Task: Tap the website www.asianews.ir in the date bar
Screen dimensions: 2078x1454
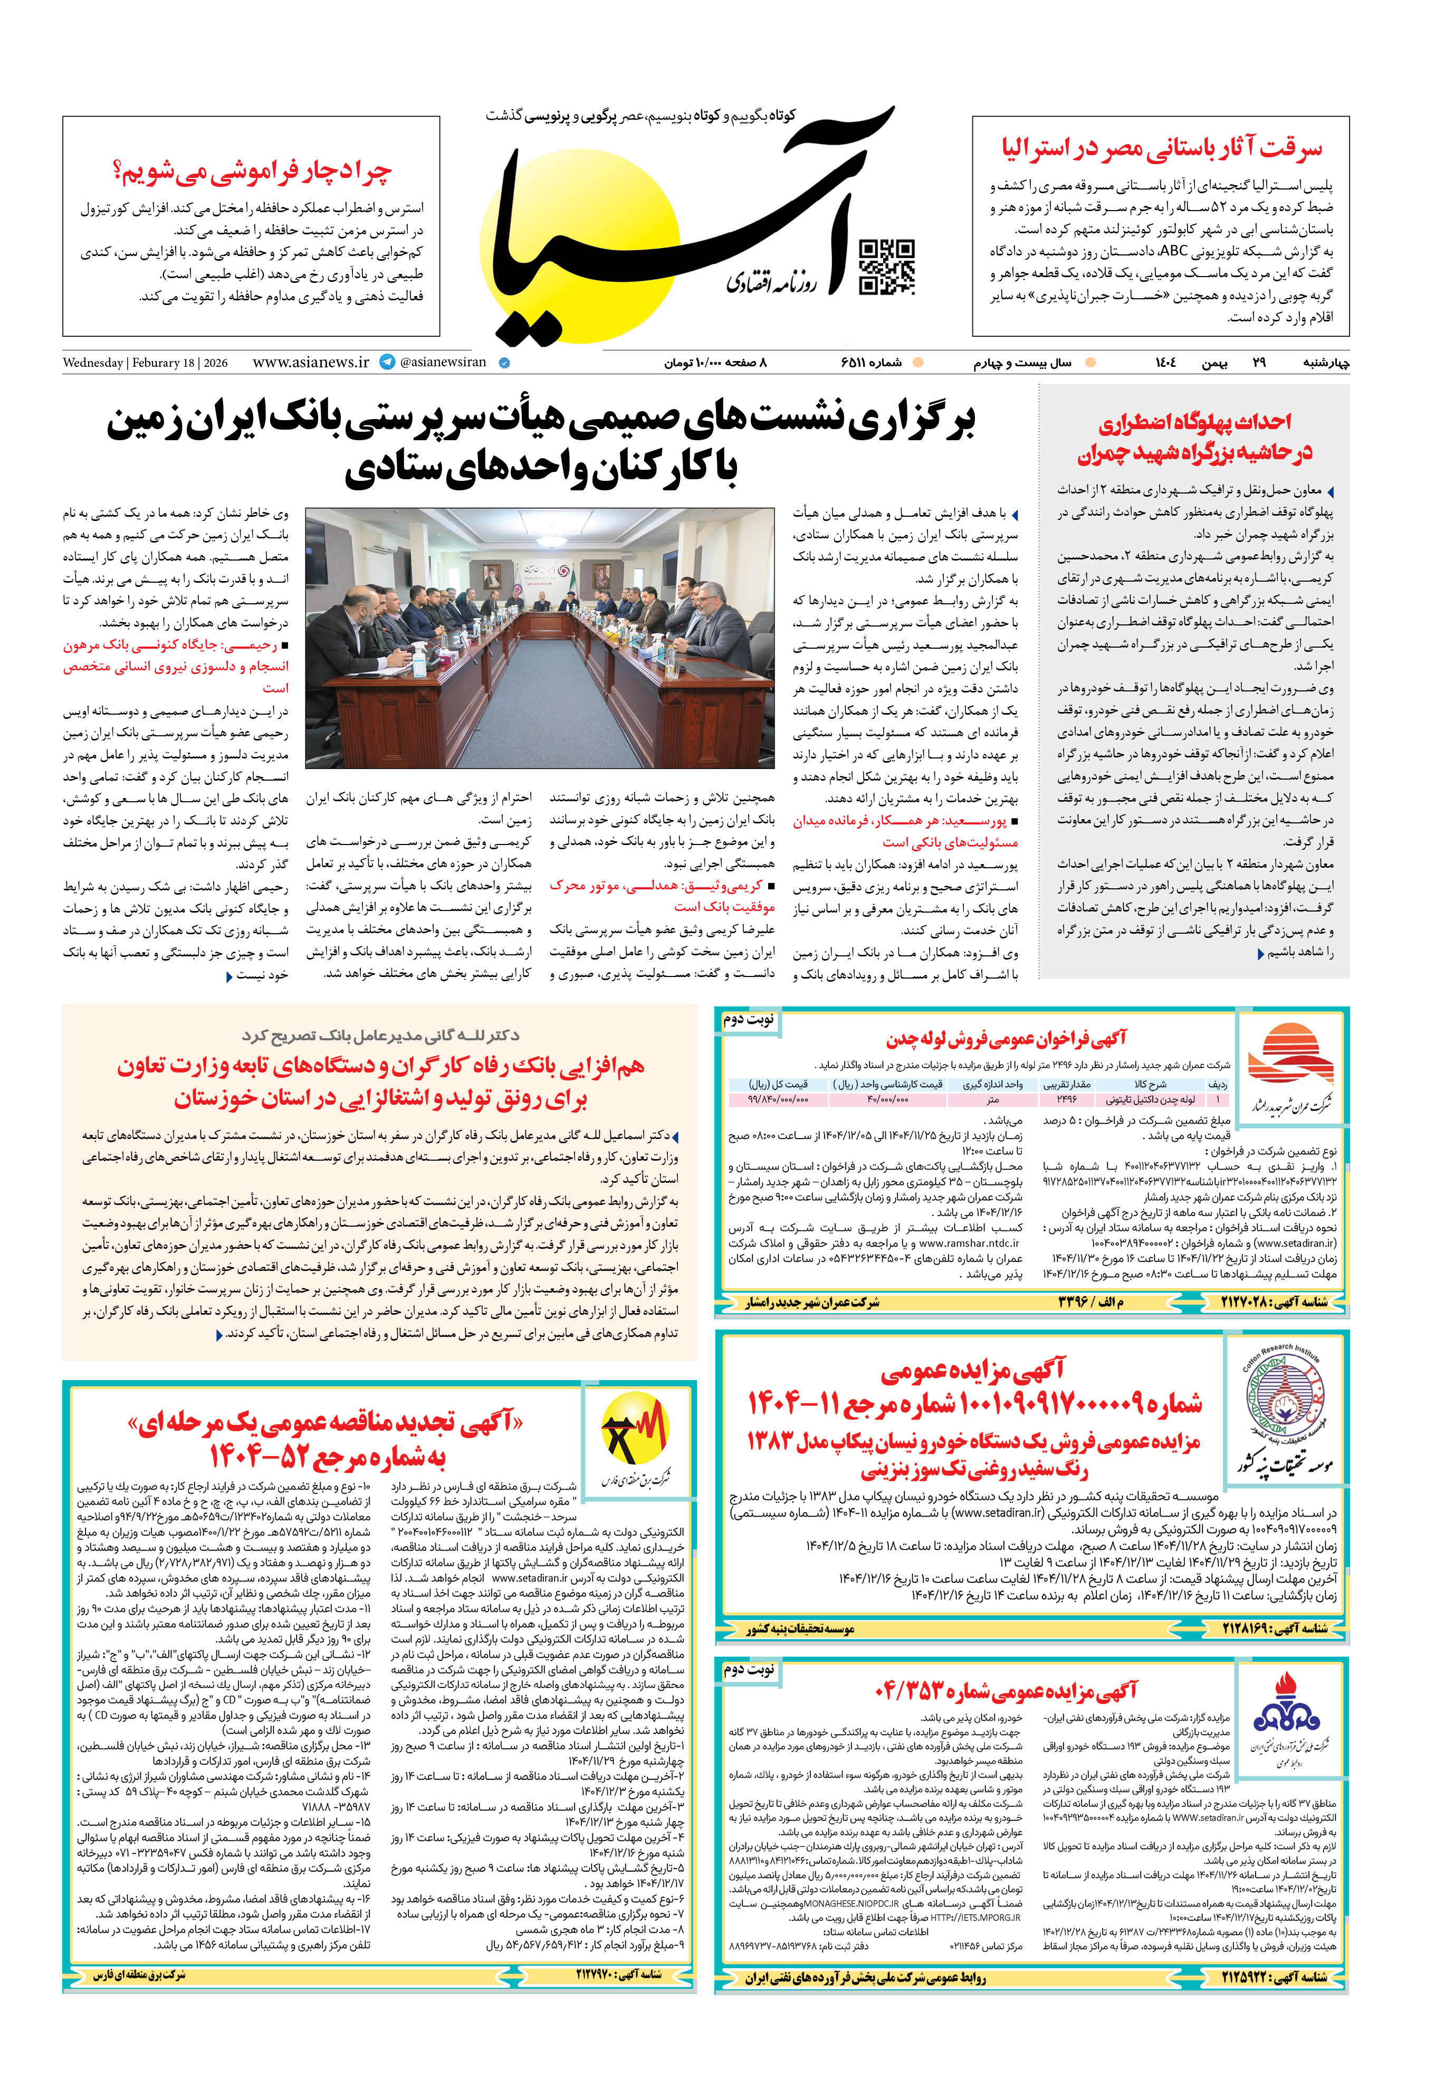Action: coord(310,362)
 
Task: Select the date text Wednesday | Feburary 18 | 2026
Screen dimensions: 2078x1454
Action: coord(145,363)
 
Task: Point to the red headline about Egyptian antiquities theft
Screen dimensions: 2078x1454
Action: coord(1161,147)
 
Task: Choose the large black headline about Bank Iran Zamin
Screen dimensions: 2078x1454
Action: coord(541,444)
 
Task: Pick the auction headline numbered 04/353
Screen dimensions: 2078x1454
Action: coord(1005,1690)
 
